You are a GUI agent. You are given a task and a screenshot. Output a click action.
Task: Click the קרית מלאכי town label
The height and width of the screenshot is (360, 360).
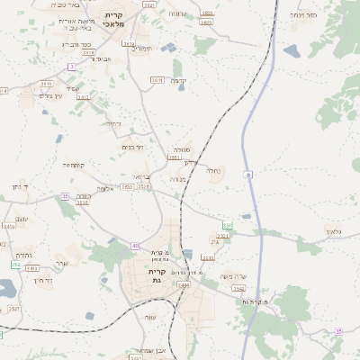(x=114, y=20)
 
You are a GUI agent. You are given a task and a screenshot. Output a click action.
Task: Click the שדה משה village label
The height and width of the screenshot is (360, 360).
(x=232, y=275)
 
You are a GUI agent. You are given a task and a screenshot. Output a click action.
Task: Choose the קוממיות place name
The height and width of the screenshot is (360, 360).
(x=74, y=165)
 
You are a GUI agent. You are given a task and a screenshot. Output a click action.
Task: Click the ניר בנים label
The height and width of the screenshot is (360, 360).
(x=132, y=147)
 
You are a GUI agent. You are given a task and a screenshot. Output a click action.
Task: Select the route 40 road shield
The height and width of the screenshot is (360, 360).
(x=135, y=246)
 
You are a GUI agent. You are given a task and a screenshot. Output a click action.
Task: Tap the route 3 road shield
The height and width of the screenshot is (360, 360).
(x=71, y=67)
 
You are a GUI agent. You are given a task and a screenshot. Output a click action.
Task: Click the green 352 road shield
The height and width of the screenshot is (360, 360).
(x=15, y=265)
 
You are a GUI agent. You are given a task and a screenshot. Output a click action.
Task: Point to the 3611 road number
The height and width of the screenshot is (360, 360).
(x=157, y=80)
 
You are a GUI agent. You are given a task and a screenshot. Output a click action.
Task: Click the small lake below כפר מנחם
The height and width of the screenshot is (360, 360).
(x=292, y=51)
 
